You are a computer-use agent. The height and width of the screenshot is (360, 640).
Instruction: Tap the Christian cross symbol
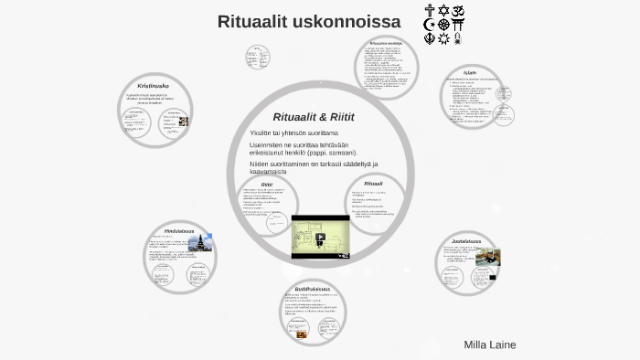430,11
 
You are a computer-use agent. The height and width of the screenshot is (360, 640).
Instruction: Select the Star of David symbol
444,11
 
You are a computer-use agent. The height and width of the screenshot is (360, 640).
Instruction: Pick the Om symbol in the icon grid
459,11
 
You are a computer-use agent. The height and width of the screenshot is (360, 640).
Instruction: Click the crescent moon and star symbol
430,25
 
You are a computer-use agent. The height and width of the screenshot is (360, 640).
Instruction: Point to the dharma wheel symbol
444,25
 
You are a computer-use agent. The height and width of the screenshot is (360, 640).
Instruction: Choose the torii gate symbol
459,25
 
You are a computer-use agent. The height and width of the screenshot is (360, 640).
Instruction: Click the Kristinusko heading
153,86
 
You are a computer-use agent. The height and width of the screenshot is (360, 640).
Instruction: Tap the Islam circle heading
470,72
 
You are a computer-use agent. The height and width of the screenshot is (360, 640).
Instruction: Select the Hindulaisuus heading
179,230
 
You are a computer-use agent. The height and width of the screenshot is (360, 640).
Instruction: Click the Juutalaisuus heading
465,242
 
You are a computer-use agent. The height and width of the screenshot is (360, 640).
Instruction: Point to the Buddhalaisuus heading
314,289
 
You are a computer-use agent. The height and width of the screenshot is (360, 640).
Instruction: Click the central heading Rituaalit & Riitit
314,117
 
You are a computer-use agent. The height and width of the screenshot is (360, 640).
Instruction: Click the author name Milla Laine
490,344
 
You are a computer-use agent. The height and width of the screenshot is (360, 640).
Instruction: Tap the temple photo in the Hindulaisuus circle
201,243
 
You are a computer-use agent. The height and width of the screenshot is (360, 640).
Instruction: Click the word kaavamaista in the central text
268,171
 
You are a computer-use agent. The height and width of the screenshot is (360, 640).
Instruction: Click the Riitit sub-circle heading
267,184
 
